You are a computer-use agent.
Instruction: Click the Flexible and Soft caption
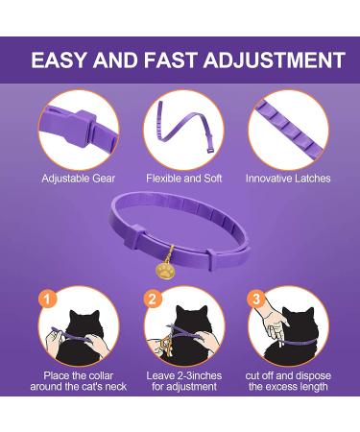point(180,179)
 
